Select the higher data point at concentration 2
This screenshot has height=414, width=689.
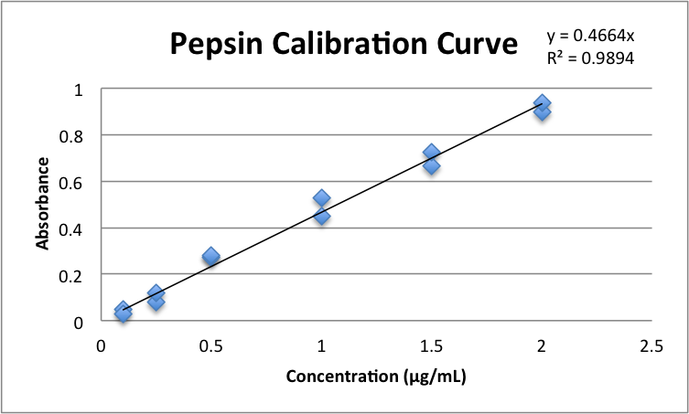coord(542,103)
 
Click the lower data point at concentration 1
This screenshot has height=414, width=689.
coord(321,217)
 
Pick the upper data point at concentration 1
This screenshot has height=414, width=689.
coord(321,197)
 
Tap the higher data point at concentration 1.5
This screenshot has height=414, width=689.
coord(431,152)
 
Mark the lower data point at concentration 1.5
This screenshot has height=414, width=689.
coord(431,166)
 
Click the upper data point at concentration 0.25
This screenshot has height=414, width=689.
coord(156,292)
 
